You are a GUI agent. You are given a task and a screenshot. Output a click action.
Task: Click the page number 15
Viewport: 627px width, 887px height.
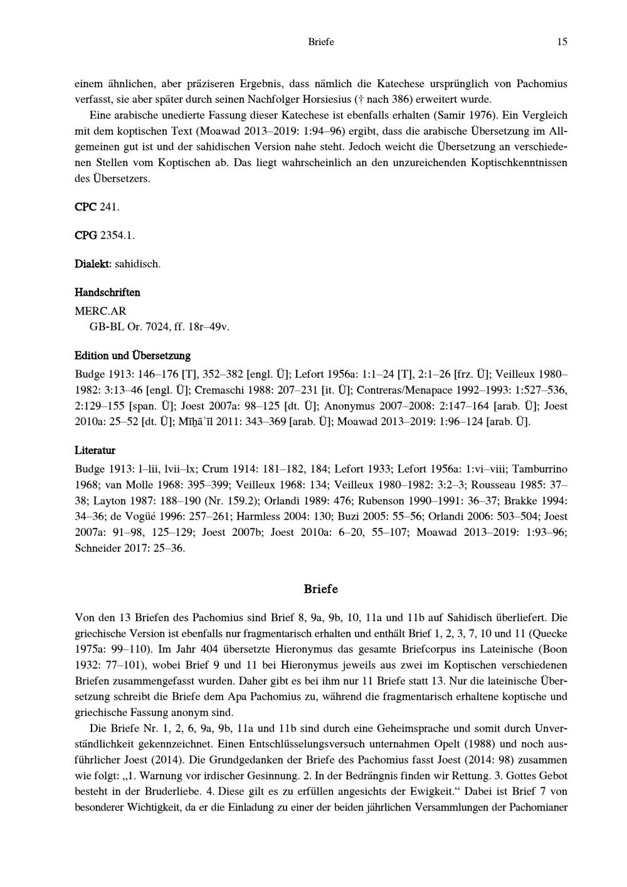click(x=562, y=42)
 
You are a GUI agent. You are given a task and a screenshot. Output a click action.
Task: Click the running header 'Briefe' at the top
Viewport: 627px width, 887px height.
click(x=321, y=42)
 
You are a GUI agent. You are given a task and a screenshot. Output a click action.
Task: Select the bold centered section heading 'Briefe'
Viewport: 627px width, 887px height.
click(x=321, y=589)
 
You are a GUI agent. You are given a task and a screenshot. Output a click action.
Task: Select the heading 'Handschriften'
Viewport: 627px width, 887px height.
click(x=107, y=293)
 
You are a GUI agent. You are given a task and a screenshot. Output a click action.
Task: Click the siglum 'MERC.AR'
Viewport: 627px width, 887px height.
click(x=96, y=311)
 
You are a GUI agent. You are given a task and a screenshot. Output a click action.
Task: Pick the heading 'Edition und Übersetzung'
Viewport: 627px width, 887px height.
click(x=132, y=356)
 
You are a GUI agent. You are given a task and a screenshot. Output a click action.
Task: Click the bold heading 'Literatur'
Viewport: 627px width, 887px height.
click(x=95, y=450)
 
